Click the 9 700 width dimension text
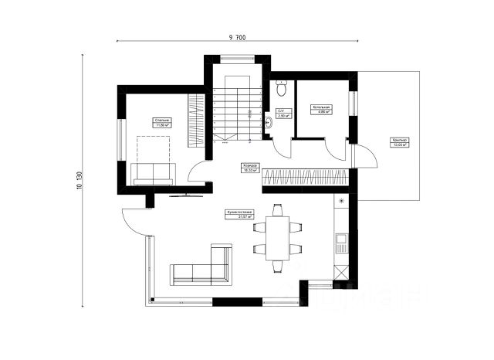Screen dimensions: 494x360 pyautogui.click(x=238, y=37)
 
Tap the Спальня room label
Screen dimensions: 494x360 pyautogui.click(x=162, y=122)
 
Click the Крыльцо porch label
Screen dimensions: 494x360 pyautogui.click(x=399, y=142)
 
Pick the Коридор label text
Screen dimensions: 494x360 pyautogui.click(x=250, y=168)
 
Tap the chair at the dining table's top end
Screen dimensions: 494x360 pyautogui.click(x=277, y=209)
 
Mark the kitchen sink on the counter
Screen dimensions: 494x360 pyautogui.click(x=340, y=246)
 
